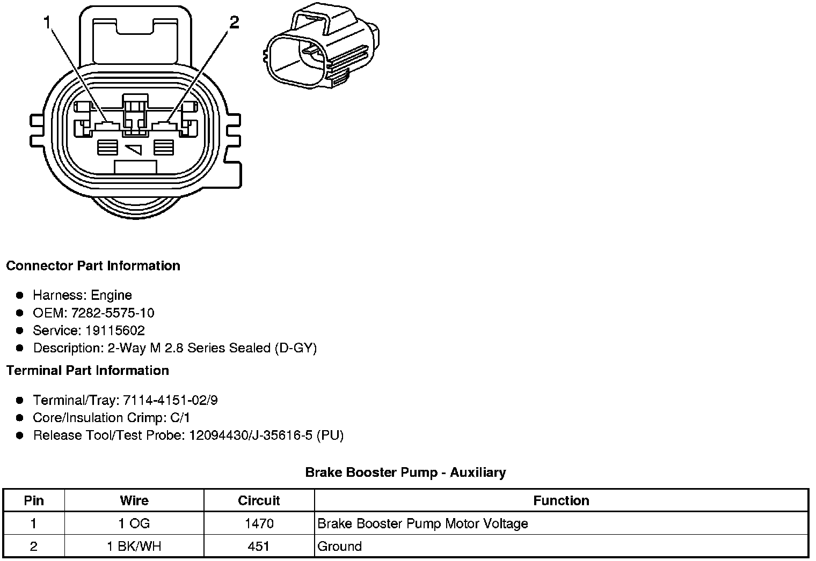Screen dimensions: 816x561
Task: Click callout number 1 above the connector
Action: tap(47, 23)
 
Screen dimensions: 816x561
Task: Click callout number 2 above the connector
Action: tap(234, 23)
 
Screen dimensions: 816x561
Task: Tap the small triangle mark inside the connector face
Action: tap(134, 149)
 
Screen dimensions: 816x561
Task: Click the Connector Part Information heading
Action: tap(93, 266)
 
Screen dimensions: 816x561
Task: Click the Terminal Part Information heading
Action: tap(88, 371)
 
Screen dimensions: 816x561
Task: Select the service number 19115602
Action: tap(115, 330)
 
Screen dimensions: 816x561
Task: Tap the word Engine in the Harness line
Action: tap(111, 295)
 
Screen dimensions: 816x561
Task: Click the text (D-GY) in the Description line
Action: tap(296, 348)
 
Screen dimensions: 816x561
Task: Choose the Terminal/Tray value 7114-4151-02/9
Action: tap(170, 400)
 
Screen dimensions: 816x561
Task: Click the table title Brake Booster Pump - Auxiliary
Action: tap(405, 473)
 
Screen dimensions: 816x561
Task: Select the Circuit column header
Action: tap(259, 500)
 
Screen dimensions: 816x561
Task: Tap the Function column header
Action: tap(561, 500)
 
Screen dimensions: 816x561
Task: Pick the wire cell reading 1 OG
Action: tap(134, 523)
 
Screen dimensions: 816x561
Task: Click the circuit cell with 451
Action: tap(259, 547)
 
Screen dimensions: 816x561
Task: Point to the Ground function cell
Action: tap(340, 547)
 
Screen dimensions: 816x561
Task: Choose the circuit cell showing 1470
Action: tap(259, 523)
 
